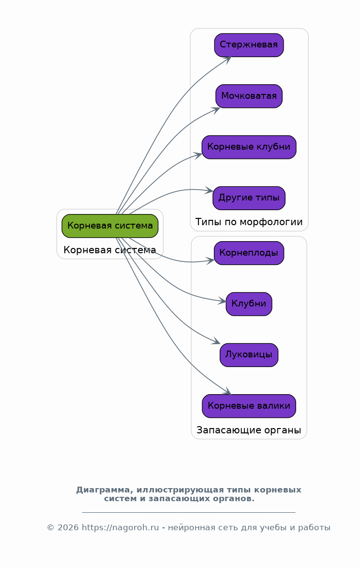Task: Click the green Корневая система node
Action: click(110, 226)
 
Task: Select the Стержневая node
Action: click(249, 45)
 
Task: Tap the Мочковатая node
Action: click(249, 96)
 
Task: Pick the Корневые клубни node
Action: click(249, 147)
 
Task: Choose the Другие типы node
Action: click(249, 198)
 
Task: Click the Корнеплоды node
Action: click(249, 253)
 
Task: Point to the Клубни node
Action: click(249, 304)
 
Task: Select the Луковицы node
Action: click(249, 355)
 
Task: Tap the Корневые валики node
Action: click(249, 406)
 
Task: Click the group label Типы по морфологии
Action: click(249, 222)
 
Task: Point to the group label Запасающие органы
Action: click(249, 430)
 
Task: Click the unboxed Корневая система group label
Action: click(110, 250)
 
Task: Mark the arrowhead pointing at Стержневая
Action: click(227, 60)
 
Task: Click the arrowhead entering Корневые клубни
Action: click(198, 156)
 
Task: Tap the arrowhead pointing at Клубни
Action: click(222, 301)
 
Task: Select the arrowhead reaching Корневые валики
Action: click(227, 391)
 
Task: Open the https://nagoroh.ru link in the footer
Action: click(120, 527)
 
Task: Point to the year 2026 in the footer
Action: click(68, 527)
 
